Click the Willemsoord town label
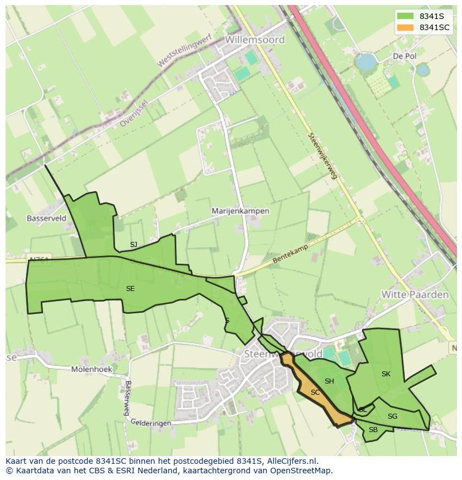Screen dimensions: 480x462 tap(255, 40)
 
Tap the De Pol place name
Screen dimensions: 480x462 tap(405, 56)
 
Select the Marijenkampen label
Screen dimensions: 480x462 tap(240, 211)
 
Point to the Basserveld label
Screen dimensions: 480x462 tap(46, 219)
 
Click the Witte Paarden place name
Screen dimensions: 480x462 tap(415, 294)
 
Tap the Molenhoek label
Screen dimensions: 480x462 tap(92, 369)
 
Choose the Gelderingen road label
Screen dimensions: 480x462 tap(151, 423)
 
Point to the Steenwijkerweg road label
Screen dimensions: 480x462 tap(323, 156)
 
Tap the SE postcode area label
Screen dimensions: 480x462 tap(130, 289)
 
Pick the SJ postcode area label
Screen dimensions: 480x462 tap(133, 245)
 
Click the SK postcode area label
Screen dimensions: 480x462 tap(386, 374)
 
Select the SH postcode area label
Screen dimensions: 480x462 tap(329, 381)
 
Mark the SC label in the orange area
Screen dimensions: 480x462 tap(315, 392)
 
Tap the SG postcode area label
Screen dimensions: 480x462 tap(392, 416)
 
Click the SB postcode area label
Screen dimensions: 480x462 tap(373, 430)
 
